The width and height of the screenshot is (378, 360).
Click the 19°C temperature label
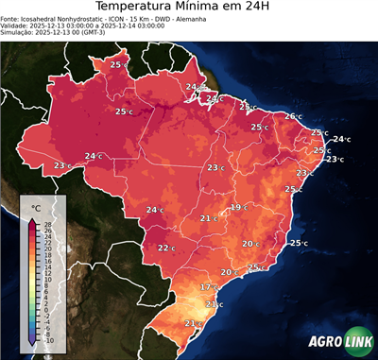click(x=238, y=207)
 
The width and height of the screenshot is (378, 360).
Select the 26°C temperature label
click(x=293, y=116)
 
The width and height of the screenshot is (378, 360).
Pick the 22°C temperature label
click(x=166, y=248)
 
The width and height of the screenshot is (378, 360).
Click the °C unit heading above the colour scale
click(x=36, y=207)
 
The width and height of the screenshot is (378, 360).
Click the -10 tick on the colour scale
click(x=48, y=340)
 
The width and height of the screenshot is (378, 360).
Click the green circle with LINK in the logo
click(x=356, y=343)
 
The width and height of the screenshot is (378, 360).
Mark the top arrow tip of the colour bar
click(x=32, y=220)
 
